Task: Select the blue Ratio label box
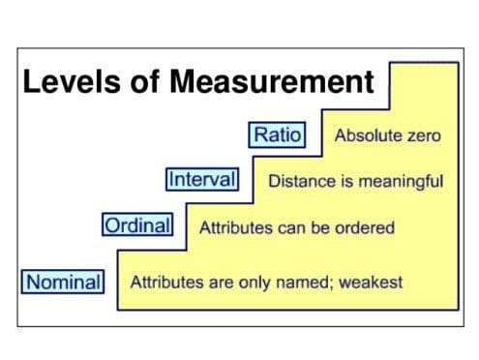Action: point(277,135)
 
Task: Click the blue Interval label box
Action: point(202,180)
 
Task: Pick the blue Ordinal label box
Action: point(137,226)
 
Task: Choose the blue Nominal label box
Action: point(63,283)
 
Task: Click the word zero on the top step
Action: point(423,135)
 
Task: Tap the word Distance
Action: point(298,181)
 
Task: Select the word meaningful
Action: point(399,181)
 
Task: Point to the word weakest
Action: point(371,283)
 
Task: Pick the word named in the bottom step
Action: point(304,283)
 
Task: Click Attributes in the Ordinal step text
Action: point(232,228)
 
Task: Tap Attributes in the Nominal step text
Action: point(164,283)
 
